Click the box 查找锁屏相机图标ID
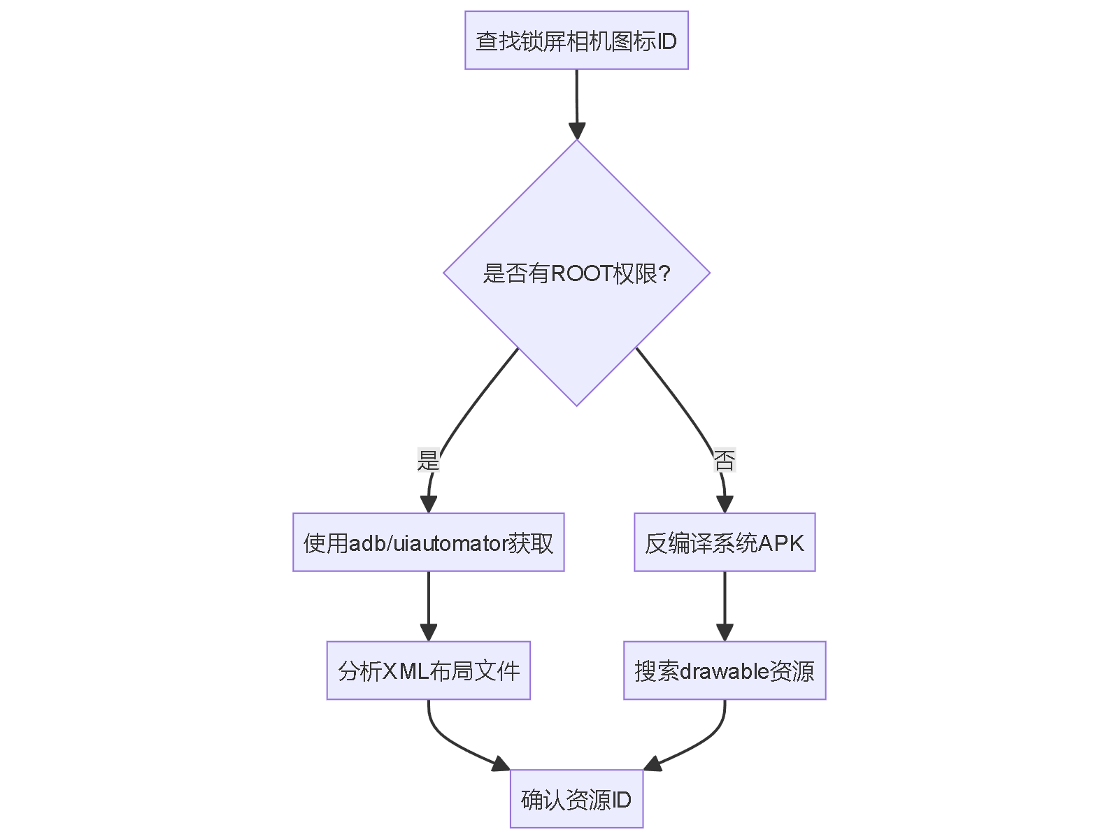(576, 41)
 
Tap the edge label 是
(428, 461)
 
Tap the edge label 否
(725, 461)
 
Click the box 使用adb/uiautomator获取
(428, 543)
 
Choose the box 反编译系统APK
(725, 543)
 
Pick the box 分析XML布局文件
(428, 671)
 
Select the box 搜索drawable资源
(725, 671)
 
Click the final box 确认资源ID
(576, 799)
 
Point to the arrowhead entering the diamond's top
(576, 131)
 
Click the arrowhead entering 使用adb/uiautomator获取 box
(428, 504)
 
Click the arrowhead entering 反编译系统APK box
(725, 504)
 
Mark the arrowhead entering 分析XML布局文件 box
(428, 632)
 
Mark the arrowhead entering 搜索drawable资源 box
(725, 632)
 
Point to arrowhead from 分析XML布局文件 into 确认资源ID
(501, 764)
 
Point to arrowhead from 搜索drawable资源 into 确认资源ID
(652, 764)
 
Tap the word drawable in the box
(725, 671)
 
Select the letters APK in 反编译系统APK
(781, 543)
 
